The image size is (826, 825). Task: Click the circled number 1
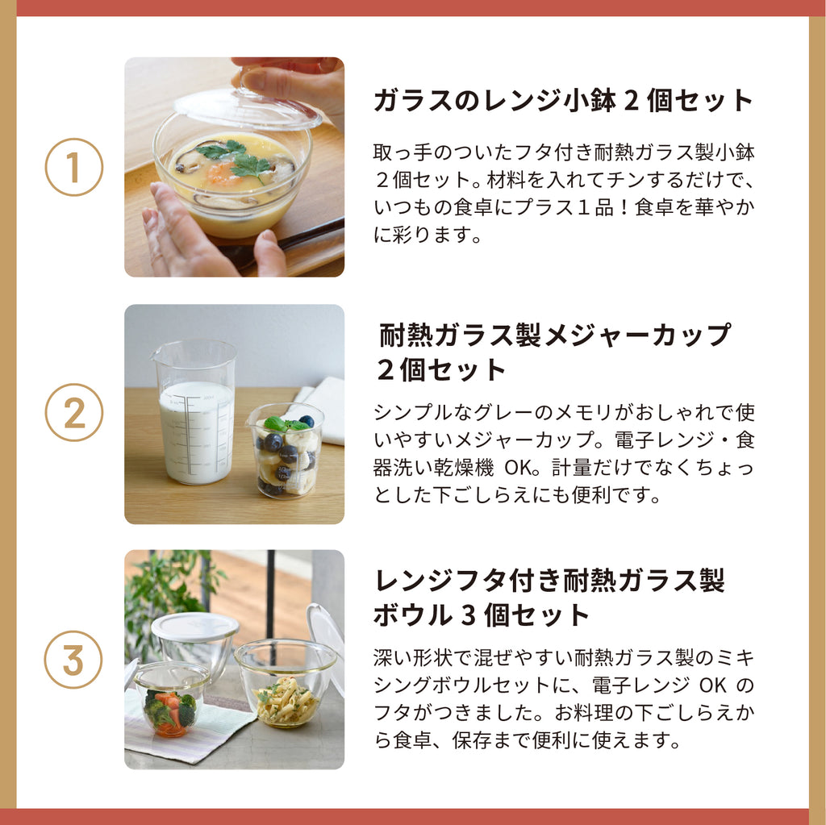pyautogui.click(x=73, y=167)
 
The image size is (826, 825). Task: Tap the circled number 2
pyautogui.click(x=73, y=412)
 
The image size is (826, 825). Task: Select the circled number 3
pyautogui.click(x=73, y=659)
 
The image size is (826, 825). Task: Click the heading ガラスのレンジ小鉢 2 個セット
pyautogui.click(x=563, y=100)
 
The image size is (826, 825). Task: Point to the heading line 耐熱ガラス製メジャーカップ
pyautogui.click(x=555, y=335)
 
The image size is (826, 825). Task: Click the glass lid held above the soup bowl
pyautogui.click(x=248, y=108)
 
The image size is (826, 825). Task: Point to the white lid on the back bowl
pyautogui.click(x=194, y=627)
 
